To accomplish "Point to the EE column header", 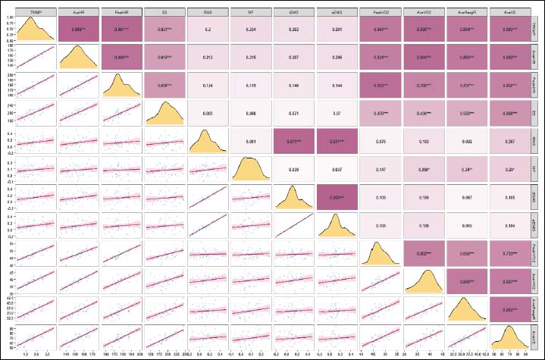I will [x=162, y=12].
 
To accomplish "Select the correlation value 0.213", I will [x=205, y=58].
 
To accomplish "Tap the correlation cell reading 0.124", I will [x=205, y=85].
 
